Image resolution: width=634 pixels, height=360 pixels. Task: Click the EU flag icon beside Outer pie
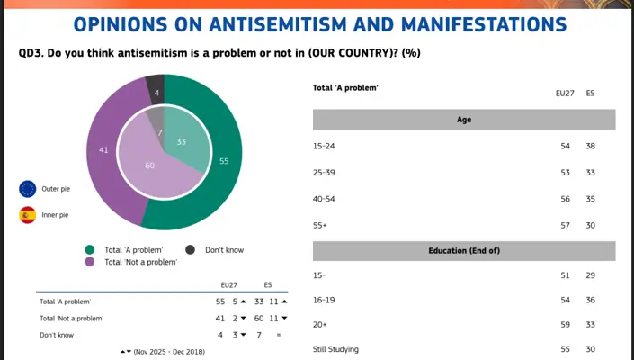coord(28,189)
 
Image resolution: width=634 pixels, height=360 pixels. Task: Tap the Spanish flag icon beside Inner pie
coord(28,215)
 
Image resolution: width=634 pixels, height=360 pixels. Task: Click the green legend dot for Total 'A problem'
coord(90,249)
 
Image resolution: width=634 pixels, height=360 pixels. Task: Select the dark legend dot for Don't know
coord(191,249)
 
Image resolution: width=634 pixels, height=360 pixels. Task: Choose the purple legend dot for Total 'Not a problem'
coord(90,262)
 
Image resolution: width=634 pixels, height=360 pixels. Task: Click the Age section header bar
coord(464,120)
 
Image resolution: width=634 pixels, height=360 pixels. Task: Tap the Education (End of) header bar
coord(464,250)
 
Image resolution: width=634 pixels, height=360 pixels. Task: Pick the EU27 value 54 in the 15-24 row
coord(566,146)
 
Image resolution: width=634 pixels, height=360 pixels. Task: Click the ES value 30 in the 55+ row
coord(591,225)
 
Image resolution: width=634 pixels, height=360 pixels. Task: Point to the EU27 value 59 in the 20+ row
coord(566,324)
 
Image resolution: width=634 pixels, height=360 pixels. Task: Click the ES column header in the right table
coord(591,93)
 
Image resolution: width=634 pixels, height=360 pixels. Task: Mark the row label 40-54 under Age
coord(324,199)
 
